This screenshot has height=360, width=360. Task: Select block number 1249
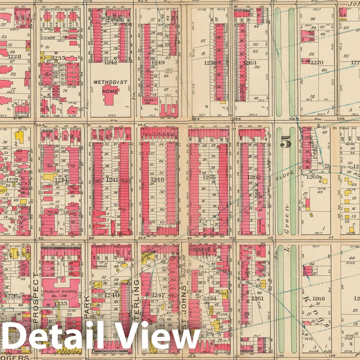(x=158, y=62)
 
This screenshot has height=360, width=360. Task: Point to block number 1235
(x=59, y=58)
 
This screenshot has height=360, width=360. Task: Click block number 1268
(x=318, y=299)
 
